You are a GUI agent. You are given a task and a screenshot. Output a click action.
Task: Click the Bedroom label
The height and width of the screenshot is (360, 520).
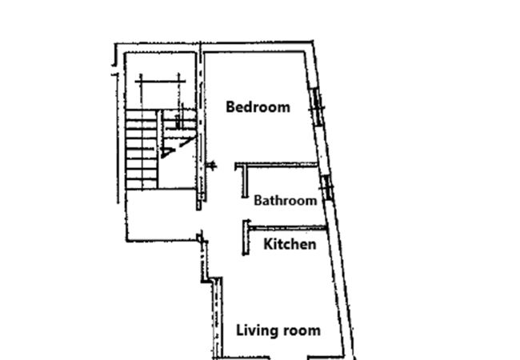click(258, 107)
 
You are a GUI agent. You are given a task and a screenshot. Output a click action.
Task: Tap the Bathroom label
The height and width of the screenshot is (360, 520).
click(286, 201)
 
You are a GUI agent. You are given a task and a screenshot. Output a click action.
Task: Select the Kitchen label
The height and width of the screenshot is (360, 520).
click(290, 244)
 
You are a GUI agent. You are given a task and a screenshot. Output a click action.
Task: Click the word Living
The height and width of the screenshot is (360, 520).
click(257, 331)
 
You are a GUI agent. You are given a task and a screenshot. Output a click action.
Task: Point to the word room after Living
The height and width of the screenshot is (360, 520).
click(301, 331)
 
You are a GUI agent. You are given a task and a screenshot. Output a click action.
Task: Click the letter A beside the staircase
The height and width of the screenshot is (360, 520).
click(167, 152)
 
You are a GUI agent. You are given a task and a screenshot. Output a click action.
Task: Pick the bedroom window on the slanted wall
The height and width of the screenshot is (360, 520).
click(318, 107)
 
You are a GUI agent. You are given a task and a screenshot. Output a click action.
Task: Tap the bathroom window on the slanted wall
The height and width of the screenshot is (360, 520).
click(327, 188)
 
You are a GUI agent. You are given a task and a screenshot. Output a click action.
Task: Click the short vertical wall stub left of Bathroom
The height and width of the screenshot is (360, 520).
click(245, 182)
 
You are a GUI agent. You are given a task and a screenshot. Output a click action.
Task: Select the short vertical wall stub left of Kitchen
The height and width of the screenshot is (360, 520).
click(246, 238)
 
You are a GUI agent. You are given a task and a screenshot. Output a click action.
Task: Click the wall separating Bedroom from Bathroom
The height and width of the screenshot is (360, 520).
click(277, 165)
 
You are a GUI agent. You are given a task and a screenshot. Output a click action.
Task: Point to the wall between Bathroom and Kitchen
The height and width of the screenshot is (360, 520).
click(287, 228)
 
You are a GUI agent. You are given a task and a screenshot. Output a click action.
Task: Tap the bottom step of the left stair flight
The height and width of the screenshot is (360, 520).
click(142, 184)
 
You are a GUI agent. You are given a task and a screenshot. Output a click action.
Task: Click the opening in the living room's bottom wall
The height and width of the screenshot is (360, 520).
click(288, 358)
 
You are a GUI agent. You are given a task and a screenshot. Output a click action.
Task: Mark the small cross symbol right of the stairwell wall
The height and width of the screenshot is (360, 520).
click(211, 165)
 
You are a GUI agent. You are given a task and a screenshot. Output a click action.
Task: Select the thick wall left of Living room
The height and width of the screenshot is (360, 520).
click(218, 318)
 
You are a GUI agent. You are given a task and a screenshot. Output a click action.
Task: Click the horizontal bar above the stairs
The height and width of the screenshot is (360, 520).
click(160, 81)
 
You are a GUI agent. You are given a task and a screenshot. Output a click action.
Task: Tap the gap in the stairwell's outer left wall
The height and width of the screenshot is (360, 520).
click(115, 70)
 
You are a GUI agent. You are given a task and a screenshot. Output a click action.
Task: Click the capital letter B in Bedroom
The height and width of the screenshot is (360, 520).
click(230, 107)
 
